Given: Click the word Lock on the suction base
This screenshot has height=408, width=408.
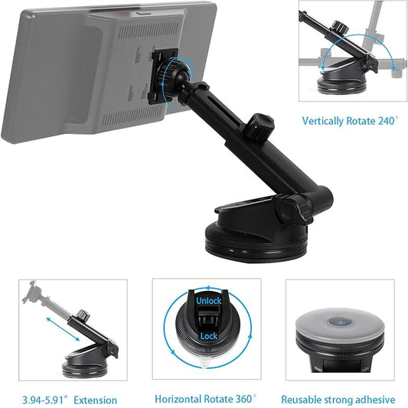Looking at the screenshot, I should pyautogui.click(x=208, y=336).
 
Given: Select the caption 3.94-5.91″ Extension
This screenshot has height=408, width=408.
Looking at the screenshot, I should pyautogui.click(x=68, y=400).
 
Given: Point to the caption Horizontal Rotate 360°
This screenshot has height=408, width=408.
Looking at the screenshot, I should pyautogui.click(x=205, y=400).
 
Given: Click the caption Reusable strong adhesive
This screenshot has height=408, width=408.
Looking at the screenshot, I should pyautogui.click(x=338, y=400).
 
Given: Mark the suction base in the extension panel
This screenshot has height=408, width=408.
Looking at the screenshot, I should pyautogui.click(x=86, y=361).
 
